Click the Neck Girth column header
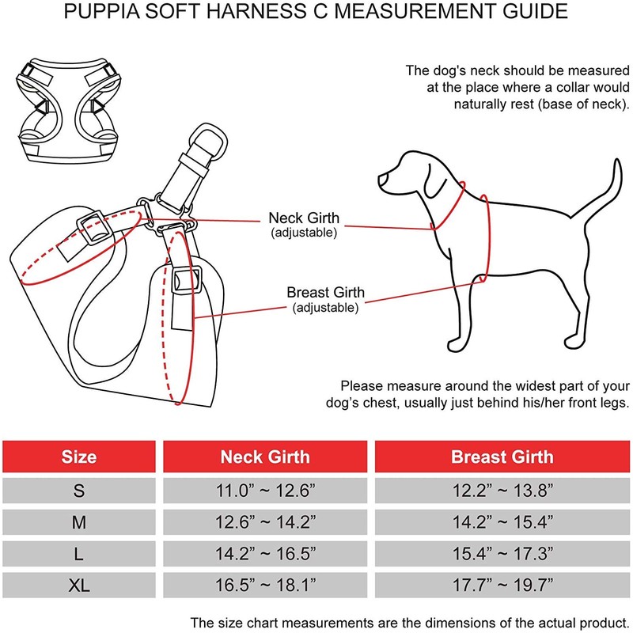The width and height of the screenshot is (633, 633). tap(264, 457)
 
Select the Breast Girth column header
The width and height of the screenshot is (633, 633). tap(502, 457)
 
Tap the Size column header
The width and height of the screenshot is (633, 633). tap(78, 457)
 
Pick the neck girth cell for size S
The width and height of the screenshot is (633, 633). tap(264, 491)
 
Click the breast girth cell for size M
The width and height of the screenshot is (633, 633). tap(502, 523)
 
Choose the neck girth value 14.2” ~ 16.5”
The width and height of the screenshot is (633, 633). tap(264, 555)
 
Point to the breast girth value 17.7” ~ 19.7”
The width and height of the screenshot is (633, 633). tap(502, 586)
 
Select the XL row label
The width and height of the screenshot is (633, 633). tap(78, 586)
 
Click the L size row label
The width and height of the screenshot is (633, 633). tap(78, 555)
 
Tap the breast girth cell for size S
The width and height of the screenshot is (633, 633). tap(502, 491)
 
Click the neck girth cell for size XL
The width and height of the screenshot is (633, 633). tap(264, 586)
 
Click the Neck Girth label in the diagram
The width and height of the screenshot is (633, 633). tap(304, 218)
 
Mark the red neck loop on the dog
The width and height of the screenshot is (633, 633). tap(449, 206)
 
